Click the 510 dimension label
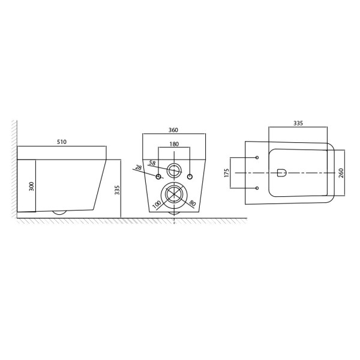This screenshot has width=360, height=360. pos(62,142)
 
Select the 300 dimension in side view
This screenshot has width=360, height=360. pos(31,186)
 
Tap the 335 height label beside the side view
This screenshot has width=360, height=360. pos(117,190)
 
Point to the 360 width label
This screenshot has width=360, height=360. pos(173,130)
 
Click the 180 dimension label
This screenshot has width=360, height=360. pos(174,144)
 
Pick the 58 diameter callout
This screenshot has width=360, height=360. pos(152,163)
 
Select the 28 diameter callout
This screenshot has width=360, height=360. pos(138,167)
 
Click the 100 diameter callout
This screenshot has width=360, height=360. pos(157,205)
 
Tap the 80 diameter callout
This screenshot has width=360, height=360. pos(193,203)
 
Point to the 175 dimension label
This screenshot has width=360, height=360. pos(227,173)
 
